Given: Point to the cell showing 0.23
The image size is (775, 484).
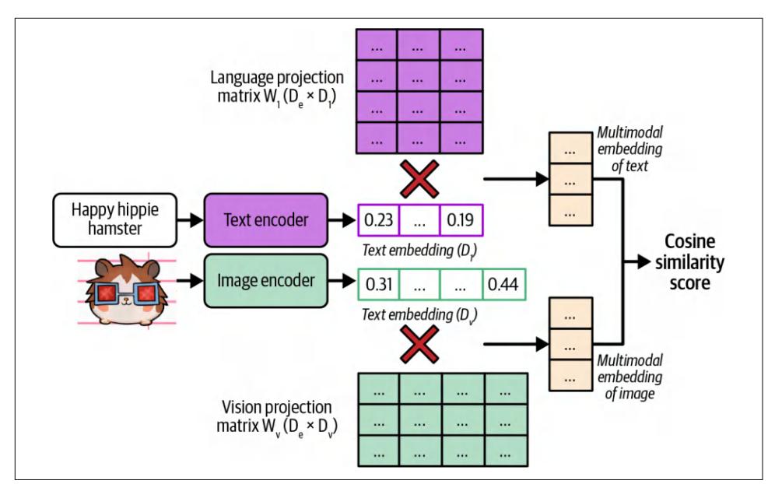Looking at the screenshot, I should [x=377, y=219].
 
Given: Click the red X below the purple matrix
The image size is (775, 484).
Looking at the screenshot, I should [x=420, y=178].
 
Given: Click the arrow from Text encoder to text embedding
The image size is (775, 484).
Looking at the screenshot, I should [x=339, y=219].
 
